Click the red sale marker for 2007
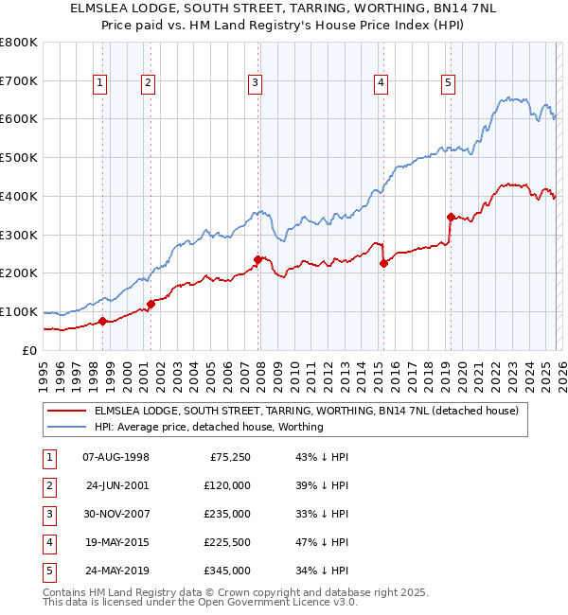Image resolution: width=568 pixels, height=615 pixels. click(x=257, y=259)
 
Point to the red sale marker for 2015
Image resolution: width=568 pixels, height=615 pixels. click(x=383, y=263)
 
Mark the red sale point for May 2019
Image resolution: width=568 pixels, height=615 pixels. click(x=451, y=217)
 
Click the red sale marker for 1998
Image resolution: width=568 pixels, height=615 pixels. click(x=102, y=321)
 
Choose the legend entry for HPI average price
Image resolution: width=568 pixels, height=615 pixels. click(x=208, y=428)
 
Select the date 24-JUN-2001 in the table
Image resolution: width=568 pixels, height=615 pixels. click(x=116, y=485)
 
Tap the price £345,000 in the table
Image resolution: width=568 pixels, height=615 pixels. click(x=228, y=571)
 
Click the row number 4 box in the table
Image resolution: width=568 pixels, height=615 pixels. click(x=48, y=542)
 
